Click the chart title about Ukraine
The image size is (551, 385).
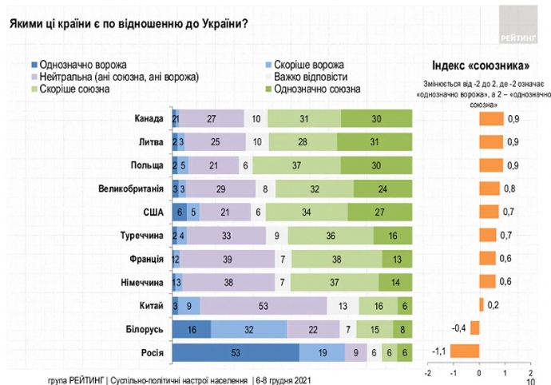coord(129,22)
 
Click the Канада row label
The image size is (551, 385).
coord(150,119)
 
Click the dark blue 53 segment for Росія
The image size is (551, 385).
coord(236,351)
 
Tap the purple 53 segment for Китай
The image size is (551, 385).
coord(264,304)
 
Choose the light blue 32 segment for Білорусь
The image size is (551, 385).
coord(248,327)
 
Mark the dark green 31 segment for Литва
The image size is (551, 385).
coord(375,143)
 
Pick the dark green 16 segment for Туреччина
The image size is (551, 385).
coord(393,236)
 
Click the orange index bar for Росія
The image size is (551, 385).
coord(465,351)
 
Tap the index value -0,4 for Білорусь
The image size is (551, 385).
coord(460,327)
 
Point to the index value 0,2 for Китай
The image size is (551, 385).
coord(494,304)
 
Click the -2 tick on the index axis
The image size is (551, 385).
coord(428,373)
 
